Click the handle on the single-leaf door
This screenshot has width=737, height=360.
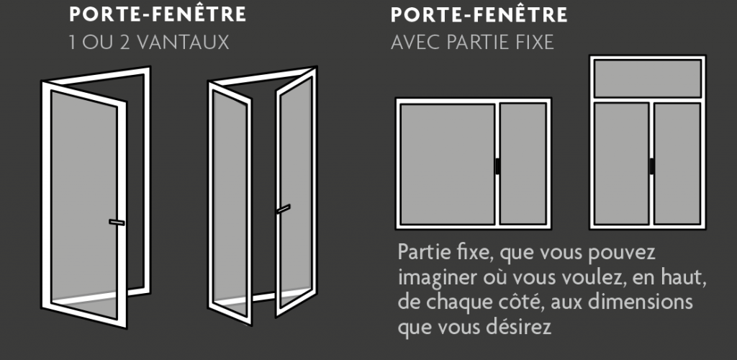point(116,222)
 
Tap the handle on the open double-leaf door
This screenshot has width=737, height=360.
point(283,209)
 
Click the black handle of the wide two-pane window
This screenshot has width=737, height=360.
point(497,165)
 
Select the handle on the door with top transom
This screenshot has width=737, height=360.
point(651,165)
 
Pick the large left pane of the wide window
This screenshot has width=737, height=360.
point(446,163)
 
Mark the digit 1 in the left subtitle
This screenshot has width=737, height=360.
point(73,42)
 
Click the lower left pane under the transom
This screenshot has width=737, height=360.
point(622,163)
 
